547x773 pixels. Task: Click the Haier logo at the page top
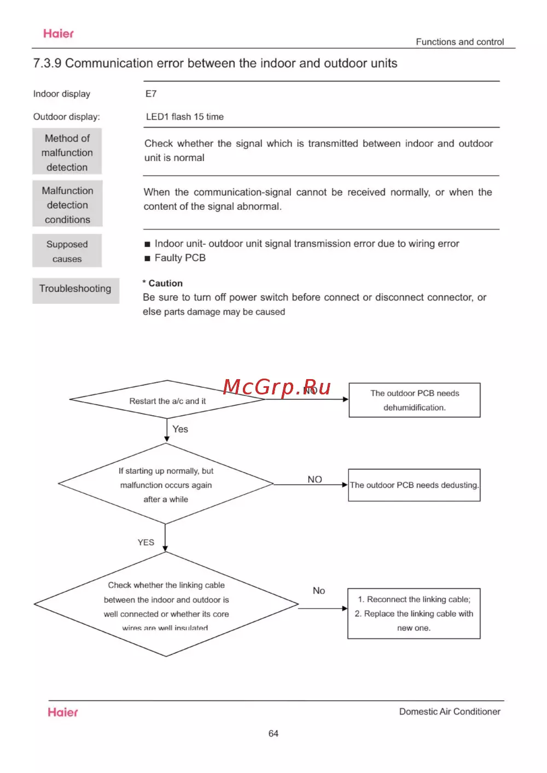click(59, 34)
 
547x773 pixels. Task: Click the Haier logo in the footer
click(63, 712)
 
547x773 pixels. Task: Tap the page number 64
click(273, 734)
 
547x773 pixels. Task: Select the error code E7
click(151, 94)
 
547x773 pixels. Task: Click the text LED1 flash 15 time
click(185, 117)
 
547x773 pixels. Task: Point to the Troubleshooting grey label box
click(75, 289)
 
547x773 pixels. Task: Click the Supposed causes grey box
click(67, 251)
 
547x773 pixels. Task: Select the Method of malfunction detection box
click(67, 152)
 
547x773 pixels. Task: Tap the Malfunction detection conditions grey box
click(67, 205)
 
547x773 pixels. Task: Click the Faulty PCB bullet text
click(180, 258)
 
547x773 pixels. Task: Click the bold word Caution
click(165, 284)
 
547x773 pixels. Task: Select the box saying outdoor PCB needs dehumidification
click(415, 400)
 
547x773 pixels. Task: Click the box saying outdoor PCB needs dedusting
click(414, 485)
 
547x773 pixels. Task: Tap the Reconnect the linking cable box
click(414, 613)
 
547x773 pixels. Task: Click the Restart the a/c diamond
click(167, 400)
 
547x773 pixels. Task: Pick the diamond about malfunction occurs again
click(166, 485)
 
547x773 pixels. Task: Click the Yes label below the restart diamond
click(180, 429)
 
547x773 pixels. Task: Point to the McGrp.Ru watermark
click(277, 387)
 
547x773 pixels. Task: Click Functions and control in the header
click(459, 42)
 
